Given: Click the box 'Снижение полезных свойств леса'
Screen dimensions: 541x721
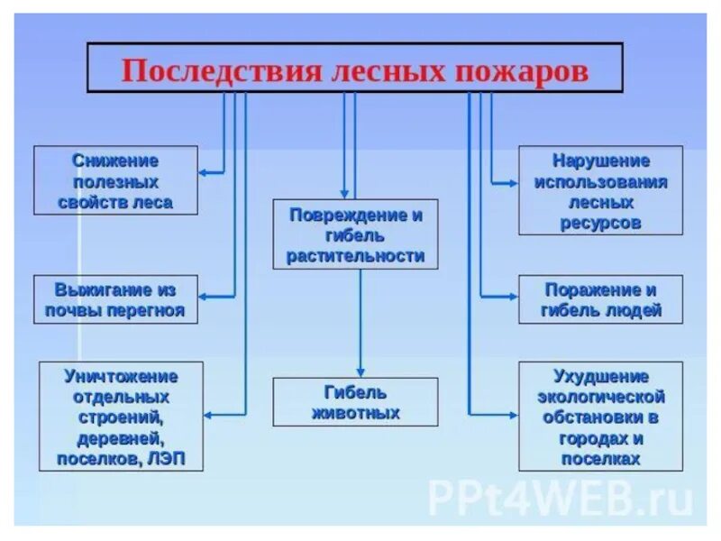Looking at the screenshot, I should pyautogui.click(x=115, y=180).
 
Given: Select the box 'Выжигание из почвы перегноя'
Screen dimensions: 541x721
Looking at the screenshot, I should pyautogui.click(x=115, y=300).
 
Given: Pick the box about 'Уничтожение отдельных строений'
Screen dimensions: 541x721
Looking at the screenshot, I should pyautogui.click(x=121, y=417).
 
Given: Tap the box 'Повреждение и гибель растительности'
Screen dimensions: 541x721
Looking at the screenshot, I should pyautogui.click(x=355, y=234).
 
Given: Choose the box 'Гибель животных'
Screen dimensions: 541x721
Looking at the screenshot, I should pyautogui.click(x=355, y=402).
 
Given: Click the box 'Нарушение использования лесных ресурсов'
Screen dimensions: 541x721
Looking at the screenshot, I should pyautogui.click(x=600, y=190).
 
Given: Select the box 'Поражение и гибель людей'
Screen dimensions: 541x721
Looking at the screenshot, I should pyautogui.click(x=600, y=300).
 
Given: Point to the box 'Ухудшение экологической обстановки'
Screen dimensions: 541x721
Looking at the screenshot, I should pyautogui.click(x=600, y=417).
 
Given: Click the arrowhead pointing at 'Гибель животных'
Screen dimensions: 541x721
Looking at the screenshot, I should pyautogui.click(x=360, y=372).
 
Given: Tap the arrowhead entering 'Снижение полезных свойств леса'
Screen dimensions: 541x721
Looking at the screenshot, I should pyautogui.click(x=204, y=170).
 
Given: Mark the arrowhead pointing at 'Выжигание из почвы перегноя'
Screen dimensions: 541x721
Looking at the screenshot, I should pyautogui.click(x=204, y=296).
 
